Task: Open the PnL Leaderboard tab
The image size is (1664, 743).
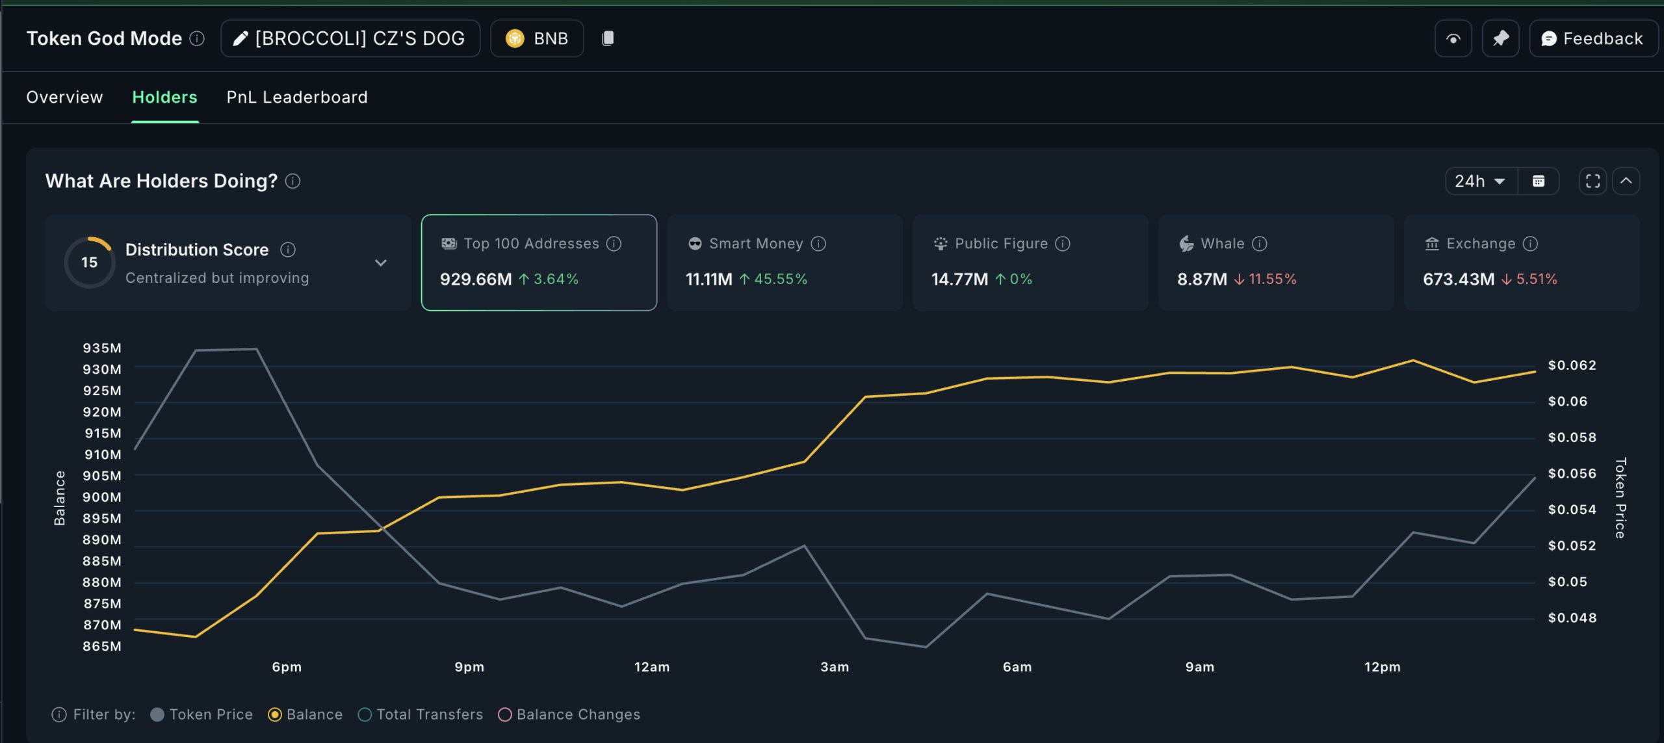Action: pyautogui.click(x=296, y=98)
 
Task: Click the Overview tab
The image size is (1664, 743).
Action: pyautogui.click(x=64, y=98)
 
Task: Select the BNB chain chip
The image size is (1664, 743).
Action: pyautogui.click(x=537, y=39)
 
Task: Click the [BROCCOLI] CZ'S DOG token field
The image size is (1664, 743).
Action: pyautogui.click(x=350, y=39)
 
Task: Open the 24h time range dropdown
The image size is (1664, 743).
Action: pyautogui.click(x=1480, y=181)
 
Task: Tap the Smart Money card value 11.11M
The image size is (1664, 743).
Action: pyautogui.click(x=708, y=280)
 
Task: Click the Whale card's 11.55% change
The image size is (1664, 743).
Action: pyautogui.click(x=1272, y=280)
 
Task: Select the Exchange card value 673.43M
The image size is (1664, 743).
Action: pyautogui.click(x=1459, y=280)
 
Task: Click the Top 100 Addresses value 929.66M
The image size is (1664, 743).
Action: pyautogui.click(x=476, y=280)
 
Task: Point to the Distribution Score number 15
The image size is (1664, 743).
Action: pyautogui.click(x=89, y=263)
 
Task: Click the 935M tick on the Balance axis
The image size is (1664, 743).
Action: pyautogui.click(x=102, y=348)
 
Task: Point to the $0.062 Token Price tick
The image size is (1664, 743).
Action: pyautogui.click(x=1572, y=365)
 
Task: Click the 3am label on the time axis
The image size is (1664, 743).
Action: pyautogui.click(x=835, y=667)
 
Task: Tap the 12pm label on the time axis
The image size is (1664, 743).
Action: pyautogui.click(x=1382, y=667)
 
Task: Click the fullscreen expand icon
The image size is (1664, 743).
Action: pyautogui.click(x=1592, y=181)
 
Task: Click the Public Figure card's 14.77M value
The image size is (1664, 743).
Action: pyautogui.click(x=959, y=280)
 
